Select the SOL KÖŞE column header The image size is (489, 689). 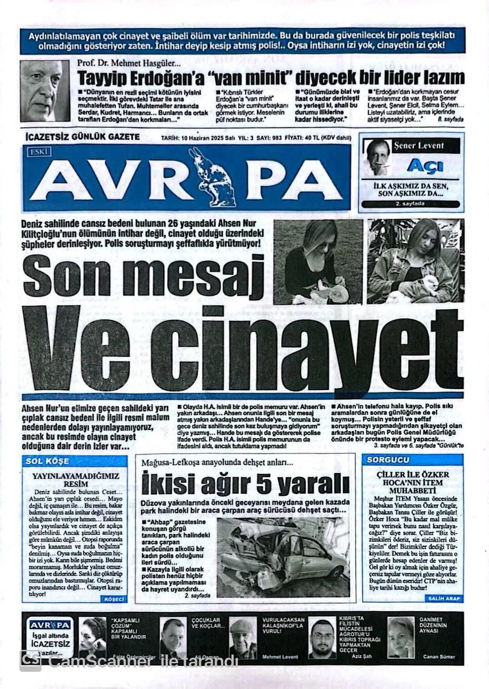tap(48, 461)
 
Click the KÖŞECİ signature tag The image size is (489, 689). tap(115, 599)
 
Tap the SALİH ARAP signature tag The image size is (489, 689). tap(444, 599)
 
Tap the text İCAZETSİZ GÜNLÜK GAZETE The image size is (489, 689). tap(82, 137)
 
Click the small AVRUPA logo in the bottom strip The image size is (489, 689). tap(50, 625)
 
